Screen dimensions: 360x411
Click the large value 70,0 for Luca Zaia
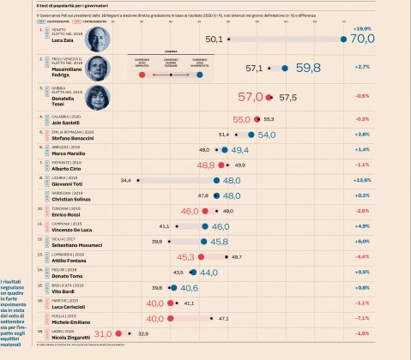point(362,39)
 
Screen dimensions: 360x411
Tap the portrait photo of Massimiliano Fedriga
point(100,67)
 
